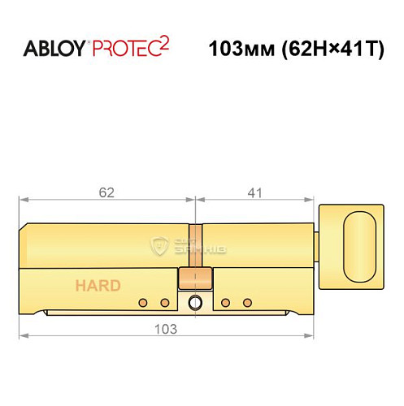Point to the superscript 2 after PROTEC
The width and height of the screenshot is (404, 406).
point(164,41)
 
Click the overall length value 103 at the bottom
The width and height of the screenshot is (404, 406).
point(166,330)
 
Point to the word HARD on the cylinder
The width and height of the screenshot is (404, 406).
point(98,285)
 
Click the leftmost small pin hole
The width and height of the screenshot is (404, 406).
point(144,302)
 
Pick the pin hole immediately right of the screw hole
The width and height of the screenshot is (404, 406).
point(226,302)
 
